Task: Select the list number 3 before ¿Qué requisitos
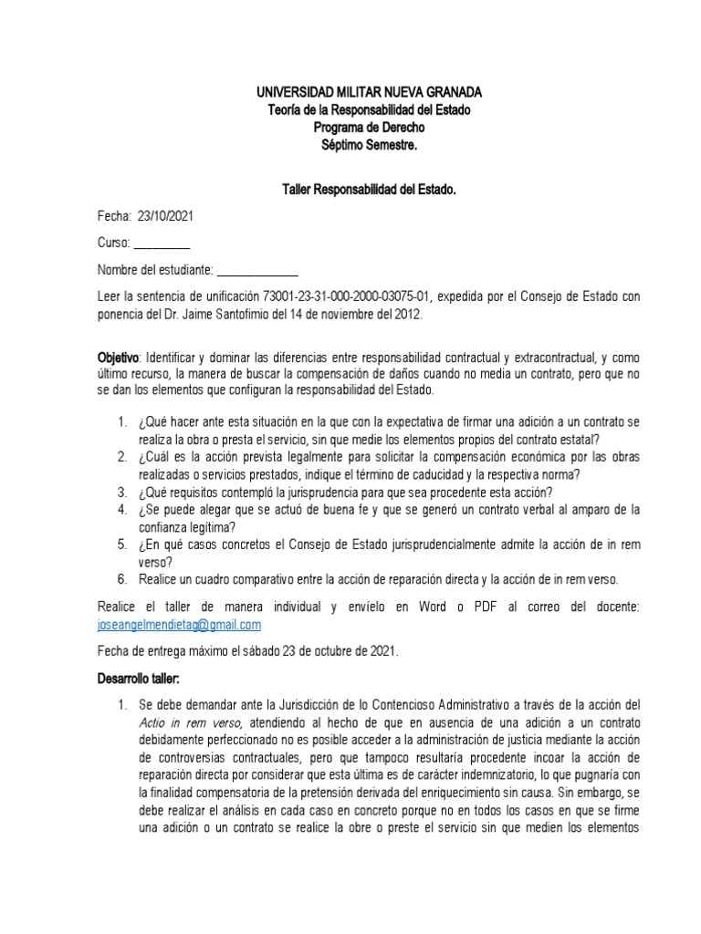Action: [x=121, y=490]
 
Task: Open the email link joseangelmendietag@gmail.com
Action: [x=179, y=624]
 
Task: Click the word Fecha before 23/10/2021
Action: [x=114, y=216]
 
